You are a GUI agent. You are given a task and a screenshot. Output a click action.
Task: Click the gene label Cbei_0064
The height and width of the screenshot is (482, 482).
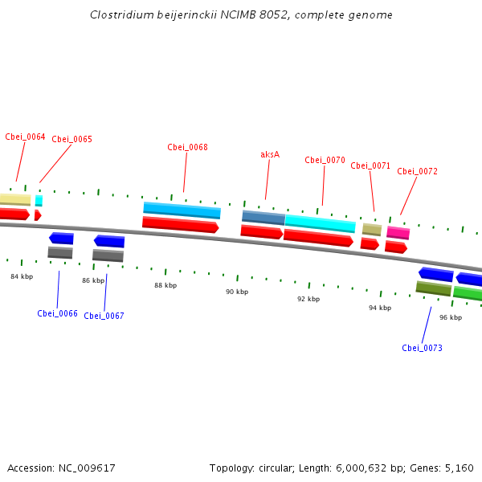25,137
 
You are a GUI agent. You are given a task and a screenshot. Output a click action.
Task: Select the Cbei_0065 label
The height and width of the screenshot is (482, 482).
71,139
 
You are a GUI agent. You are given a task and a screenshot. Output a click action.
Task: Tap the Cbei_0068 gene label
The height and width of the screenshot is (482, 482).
187,147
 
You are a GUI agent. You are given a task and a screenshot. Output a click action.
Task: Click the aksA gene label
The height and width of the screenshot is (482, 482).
270,154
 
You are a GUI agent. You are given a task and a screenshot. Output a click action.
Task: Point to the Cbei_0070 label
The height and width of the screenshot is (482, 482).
325,160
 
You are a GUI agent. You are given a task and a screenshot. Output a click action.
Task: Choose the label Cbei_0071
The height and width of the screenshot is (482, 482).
370,165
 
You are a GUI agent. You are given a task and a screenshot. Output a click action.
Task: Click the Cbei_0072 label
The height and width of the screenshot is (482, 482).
417,171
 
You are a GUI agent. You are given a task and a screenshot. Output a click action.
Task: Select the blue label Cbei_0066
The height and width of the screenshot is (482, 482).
57,313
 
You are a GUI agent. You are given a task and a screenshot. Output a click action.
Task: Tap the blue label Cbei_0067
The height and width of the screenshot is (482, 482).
104,316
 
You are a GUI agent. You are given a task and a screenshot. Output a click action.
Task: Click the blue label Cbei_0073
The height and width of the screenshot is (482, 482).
422,348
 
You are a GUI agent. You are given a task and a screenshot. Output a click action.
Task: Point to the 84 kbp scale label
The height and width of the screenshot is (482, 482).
22,276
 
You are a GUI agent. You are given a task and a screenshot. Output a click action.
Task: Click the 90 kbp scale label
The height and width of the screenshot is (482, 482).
236,292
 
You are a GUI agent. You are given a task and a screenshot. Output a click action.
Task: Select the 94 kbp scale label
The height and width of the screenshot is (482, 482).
380,308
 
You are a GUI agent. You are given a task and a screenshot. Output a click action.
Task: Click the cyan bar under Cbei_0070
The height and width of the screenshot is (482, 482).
320,223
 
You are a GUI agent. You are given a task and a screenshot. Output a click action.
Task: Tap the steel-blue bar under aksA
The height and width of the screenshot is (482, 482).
263,218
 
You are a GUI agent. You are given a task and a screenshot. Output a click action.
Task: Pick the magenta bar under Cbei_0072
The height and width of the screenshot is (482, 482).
398,233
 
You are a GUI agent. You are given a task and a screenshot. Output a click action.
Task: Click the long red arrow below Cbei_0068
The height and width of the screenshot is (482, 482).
180,225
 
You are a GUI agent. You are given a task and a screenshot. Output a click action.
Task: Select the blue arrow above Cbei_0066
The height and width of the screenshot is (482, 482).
62,238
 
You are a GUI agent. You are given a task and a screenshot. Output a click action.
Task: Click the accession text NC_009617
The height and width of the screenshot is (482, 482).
61,468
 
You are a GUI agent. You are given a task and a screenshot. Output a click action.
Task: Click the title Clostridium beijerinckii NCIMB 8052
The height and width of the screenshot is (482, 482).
241,15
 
